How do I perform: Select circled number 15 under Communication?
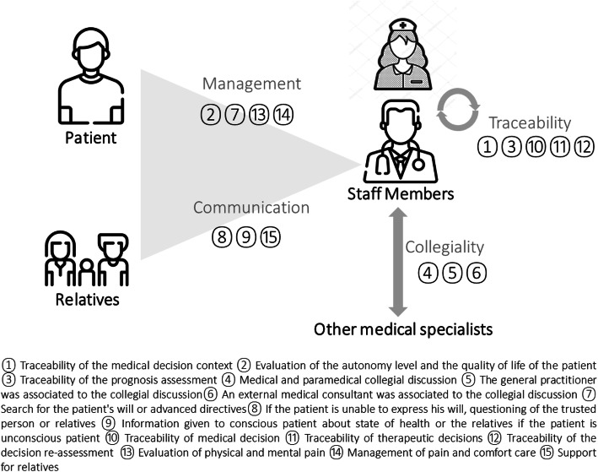271,237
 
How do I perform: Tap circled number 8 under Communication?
223,237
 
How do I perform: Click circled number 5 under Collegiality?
454,272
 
